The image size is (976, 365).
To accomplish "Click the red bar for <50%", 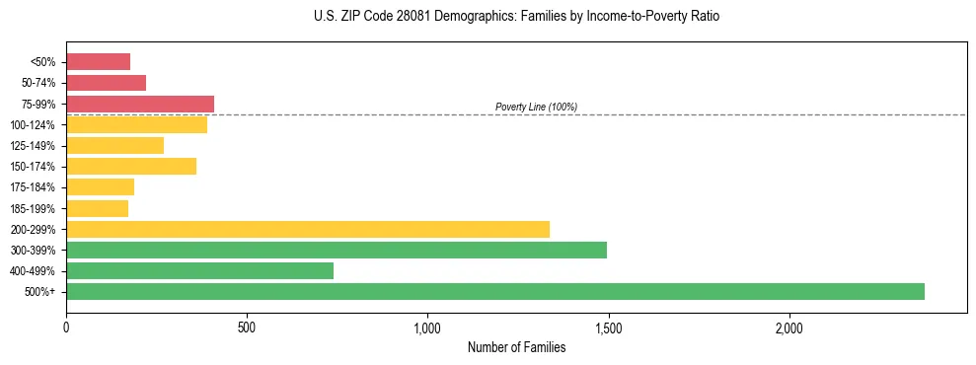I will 98,61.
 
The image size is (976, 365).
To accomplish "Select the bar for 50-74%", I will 106,83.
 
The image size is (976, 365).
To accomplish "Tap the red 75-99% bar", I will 140,104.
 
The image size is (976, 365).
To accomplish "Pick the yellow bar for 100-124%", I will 136,124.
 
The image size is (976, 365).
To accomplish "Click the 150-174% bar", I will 131,166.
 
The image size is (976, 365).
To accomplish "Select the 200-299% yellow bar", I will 308,229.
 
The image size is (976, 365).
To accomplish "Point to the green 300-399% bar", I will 337,250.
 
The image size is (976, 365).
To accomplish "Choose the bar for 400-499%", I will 199,270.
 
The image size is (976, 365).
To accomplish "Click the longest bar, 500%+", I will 495,291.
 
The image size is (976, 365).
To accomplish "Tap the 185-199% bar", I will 97,208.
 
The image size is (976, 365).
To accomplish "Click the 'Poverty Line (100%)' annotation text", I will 536,107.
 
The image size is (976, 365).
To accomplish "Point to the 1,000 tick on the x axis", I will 427,327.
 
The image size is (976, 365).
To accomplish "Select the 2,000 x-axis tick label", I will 789,327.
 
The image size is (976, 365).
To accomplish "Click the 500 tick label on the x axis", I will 247,327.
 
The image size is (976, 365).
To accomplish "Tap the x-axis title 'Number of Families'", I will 516,347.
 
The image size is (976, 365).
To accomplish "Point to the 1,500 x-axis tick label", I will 608,327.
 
